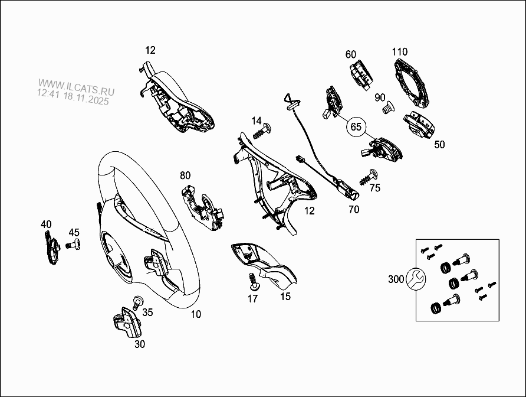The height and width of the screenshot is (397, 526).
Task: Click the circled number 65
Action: (x=356, y=127)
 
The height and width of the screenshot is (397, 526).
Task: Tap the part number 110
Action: (x=400, y=51)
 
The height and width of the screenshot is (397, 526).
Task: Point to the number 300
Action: (x=397, y=279)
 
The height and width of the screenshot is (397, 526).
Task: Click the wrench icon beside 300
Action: (x=414, y=279)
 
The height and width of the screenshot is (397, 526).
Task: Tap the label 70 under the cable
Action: (x=353, y=209)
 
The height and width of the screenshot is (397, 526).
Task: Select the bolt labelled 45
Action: (x=73, y=245)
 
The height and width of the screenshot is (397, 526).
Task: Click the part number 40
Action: (x=46, y=224)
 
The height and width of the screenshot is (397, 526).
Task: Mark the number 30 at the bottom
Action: (x=139, y=344)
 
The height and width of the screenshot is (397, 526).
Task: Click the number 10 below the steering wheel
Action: (x=196, y=314)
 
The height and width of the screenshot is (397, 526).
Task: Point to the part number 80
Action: (x=185, y=175)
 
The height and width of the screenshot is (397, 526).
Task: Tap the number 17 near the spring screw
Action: (x=252, y=299)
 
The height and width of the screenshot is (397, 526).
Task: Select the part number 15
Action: (x=285, y=297)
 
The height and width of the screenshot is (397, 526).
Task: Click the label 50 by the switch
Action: (x=440, y=144)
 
